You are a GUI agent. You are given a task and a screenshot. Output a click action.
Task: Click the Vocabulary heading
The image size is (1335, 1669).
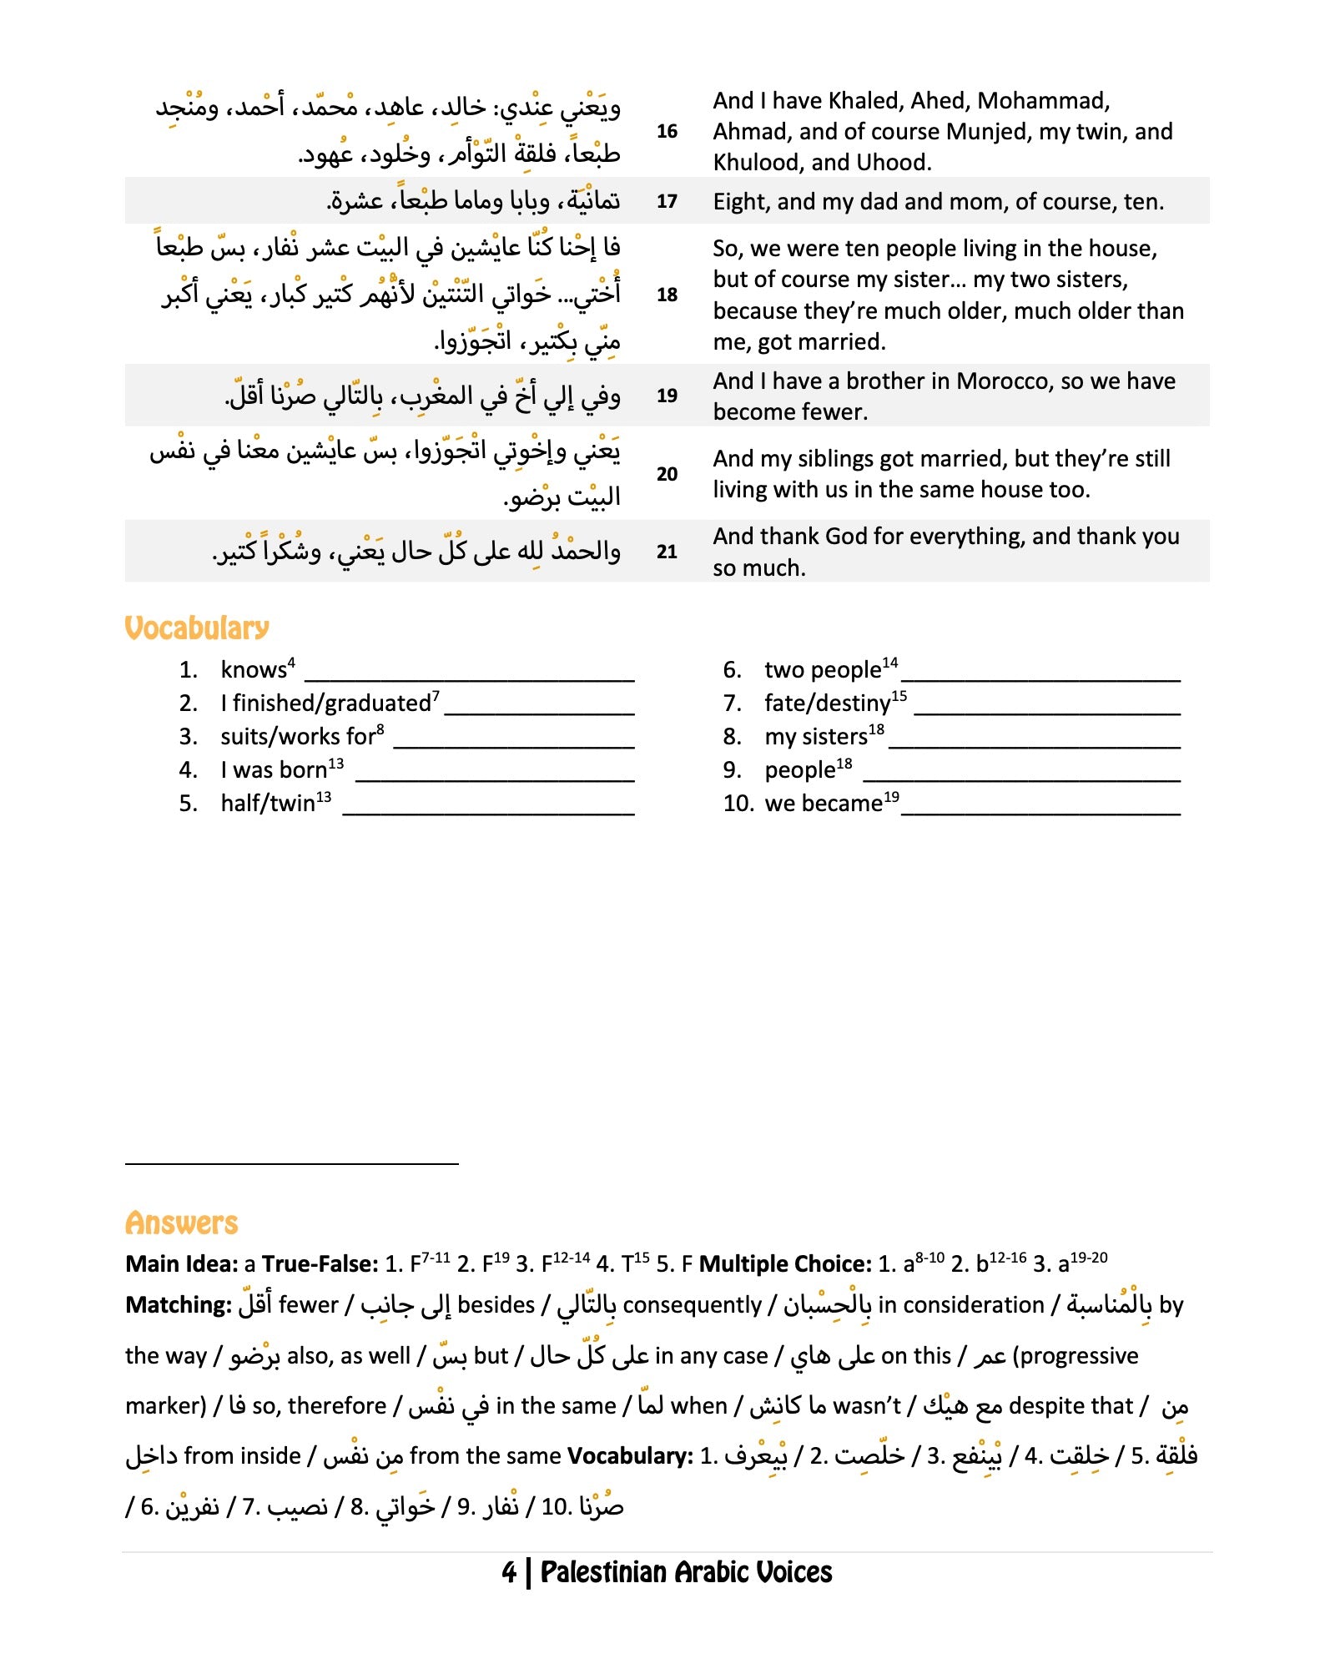point(197,628)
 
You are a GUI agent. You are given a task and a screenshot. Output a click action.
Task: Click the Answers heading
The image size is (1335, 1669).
point(181,1223)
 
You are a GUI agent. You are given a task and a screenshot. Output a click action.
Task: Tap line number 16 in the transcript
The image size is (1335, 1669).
point(667,131)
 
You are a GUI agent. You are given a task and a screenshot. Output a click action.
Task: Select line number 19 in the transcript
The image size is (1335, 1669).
point(667,396)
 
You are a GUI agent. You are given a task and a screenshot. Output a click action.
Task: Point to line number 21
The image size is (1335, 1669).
point(667,552)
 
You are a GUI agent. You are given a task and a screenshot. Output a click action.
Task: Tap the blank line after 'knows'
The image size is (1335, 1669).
point(474,678)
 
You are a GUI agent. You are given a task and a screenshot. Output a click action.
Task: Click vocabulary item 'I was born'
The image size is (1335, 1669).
point(274,769)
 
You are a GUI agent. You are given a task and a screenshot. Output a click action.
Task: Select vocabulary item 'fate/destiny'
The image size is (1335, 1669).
point(827,703)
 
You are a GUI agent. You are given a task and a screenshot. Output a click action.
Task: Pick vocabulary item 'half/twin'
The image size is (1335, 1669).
point(268,803)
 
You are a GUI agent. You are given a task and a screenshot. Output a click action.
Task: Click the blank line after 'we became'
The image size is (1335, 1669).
point(1040,811)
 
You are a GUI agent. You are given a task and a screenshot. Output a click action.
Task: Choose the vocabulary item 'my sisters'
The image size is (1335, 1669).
point(816,737)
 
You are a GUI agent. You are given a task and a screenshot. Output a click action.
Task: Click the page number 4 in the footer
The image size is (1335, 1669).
point(509,1572)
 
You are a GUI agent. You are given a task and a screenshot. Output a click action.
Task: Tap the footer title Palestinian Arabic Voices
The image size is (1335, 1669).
point(686,1572)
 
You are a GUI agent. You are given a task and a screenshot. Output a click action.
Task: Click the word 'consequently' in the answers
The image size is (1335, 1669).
point(692,1305)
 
